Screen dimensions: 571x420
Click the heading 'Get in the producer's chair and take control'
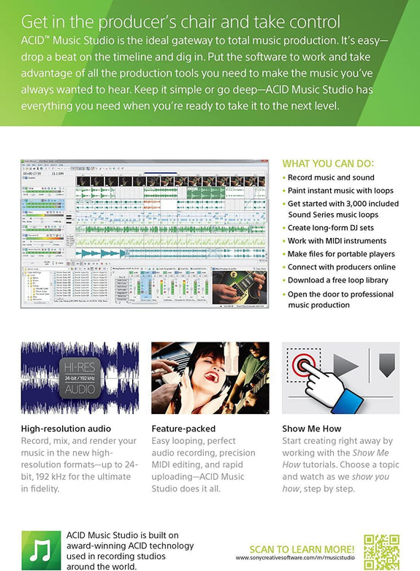coord(181,22)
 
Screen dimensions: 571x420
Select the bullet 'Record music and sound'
coord(331,177)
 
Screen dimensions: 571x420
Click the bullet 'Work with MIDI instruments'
coord(337,241)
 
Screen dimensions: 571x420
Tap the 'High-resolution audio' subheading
coord(66,429)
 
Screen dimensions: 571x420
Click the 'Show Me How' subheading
coord(311,429)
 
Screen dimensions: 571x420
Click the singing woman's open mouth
coord(213,378)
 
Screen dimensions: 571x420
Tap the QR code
coord(381,551)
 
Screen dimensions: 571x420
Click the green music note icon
coord(39,550)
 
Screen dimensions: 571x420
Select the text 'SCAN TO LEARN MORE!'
coord(302,549)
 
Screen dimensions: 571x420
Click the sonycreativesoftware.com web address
coord(295,559)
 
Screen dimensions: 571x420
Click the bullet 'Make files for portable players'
coord(341,254)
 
